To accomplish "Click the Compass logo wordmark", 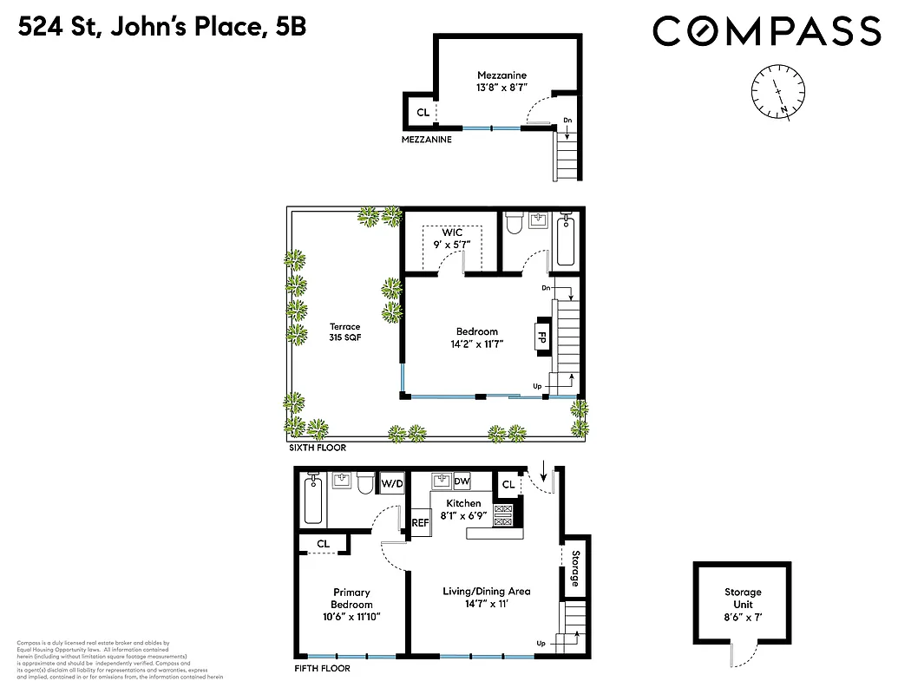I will (766, 32).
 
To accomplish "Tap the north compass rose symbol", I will (778, 92).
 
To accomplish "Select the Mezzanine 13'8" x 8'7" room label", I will (501, 82).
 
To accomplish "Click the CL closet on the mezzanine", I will (423, 113).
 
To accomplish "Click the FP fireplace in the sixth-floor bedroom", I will (542, 336).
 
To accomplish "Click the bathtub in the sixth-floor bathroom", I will (568, 240).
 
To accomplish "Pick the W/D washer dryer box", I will (392, 483).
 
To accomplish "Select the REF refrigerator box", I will (420, 522).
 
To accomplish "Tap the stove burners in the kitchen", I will (503, 515).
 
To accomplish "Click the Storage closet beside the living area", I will (574, 568).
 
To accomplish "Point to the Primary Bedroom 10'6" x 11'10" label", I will (351, 605).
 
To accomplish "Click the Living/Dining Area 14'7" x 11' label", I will (486, 598).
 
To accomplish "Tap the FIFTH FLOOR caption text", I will (321, 669).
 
